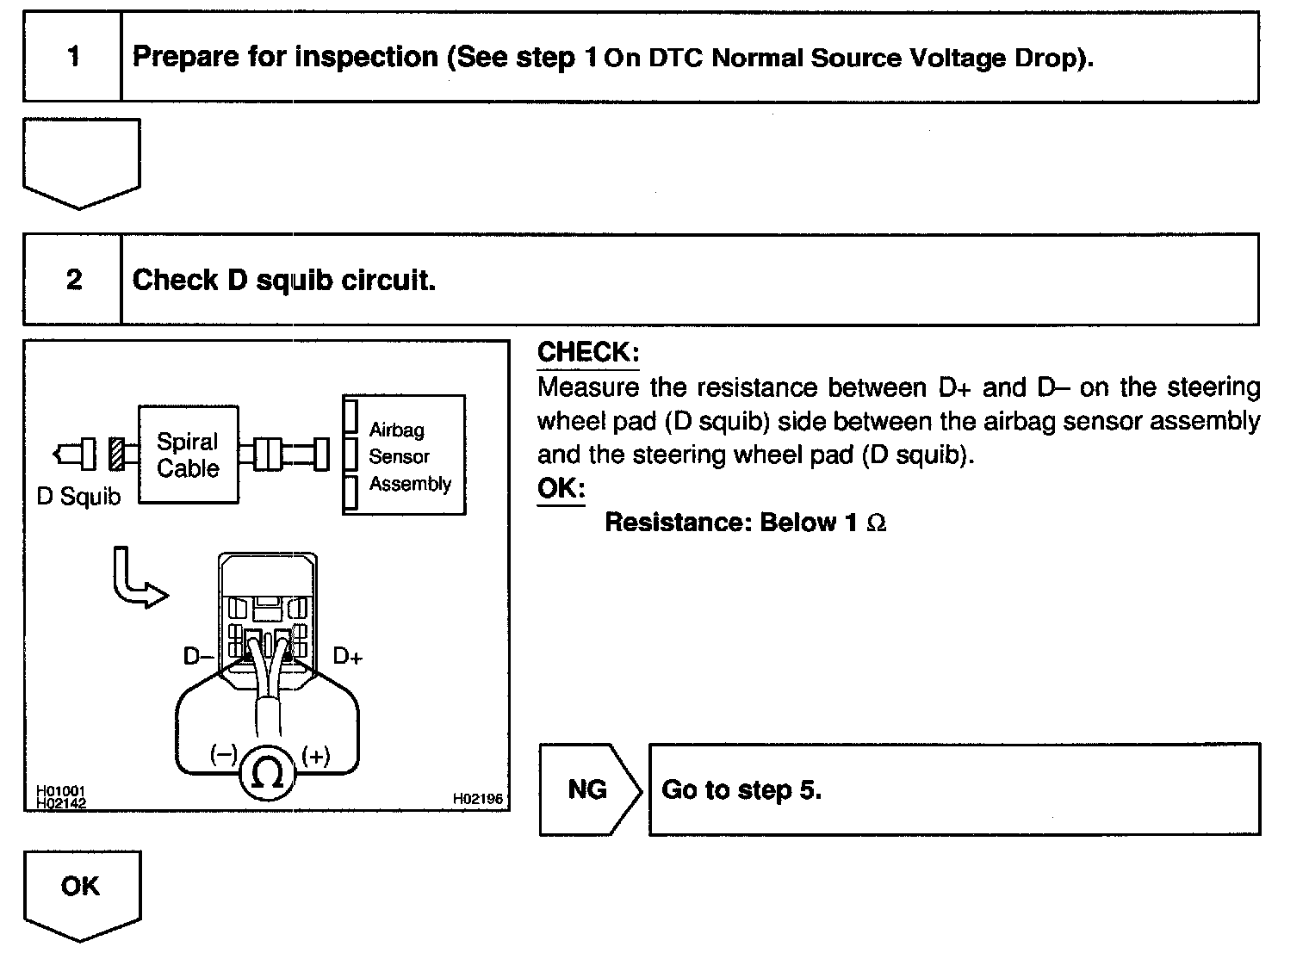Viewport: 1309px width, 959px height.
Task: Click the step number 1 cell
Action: pos(73,58)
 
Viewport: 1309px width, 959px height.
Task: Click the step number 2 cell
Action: pos(73,280)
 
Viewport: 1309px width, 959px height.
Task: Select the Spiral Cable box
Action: pos(189,455)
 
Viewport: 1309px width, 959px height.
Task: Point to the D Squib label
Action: pos(78,497)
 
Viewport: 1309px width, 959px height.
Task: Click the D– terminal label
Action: pos(198,657)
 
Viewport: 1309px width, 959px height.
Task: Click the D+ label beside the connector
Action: pos(347,657)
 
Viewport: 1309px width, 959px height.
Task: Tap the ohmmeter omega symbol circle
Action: pos(267,775)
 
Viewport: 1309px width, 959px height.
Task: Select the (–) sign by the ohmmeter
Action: pos(223,755)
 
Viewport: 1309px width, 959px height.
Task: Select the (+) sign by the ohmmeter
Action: pos(316,756)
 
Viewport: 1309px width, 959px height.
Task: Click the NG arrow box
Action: pos(589,789)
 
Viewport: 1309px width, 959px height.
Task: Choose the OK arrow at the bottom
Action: pos(81,892)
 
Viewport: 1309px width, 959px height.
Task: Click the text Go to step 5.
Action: pos(741,790)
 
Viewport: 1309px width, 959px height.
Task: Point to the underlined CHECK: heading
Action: pos(588,352)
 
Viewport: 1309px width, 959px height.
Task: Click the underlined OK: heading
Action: pos(561,488)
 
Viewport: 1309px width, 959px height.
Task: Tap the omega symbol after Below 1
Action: pos(876,523)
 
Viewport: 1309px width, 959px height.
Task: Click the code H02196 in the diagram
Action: pos(478,799)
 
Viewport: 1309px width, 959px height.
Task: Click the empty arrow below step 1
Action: pos(81,163)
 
